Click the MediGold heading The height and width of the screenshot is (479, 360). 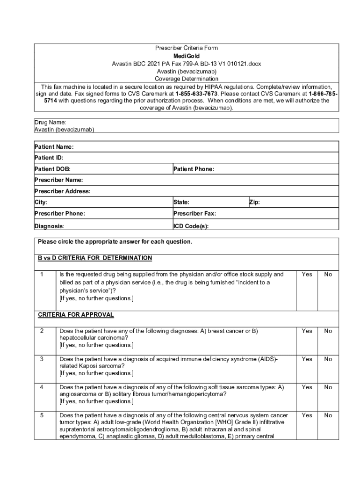[187, 56]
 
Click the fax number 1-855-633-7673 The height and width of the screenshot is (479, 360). [196, 94]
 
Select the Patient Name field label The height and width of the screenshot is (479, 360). [54, 147]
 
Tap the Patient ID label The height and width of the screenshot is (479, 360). [49, 158]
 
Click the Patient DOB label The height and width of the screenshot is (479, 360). [52, 169]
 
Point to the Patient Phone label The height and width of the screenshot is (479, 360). [194, 169]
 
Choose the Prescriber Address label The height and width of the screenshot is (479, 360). [62, 191]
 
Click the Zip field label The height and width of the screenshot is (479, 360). [254, 203]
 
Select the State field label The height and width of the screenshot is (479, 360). [181, 203]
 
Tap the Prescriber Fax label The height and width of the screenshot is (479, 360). [194, 213]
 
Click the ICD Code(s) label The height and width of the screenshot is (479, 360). [191, 226]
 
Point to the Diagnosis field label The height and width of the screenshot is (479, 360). [49, 226]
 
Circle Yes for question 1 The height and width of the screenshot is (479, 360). [307, 275]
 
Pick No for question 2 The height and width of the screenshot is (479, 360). [328, 331]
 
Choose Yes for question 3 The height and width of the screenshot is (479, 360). [307, 359]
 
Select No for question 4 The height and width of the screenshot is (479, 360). [328, 387]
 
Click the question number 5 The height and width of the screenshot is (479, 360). [42, 415]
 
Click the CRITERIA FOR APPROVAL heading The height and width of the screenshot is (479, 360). [76, 314]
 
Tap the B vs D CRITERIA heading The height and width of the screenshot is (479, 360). [95, 258]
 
